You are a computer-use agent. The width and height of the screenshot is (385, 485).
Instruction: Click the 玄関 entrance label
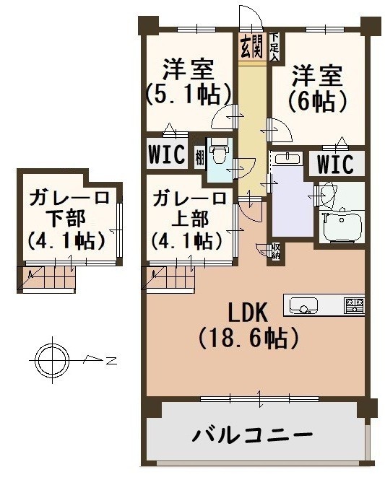252,46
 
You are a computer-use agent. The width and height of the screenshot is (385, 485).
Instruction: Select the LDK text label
248,313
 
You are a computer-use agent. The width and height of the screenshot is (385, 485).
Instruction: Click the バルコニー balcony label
252,435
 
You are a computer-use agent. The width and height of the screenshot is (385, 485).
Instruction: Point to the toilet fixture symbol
220,150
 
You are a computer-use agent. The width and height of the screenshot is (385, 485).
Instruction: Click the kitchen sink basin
303,305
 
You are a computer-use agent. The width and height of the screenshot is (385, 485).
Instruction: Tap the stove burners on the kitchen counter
355,305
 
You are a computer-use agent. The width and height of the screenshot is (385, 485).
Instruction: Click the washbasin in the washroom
288,158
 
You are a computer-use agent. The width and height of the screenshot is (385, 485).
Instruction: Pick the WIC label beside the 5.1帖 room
167,154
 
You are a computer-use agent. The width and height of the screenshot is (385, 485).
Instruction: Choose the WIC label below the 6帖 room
335,164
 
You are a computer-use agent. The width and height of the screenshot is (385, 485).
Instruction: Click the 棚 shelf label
199,159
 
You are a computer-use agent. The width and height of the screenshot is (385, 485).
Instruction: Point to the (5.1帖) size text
189,95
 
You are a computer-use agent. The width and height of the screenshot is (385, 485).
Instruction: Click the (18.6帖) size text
248,338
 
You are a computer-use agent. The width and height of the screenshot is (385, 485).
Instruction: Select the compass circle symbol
52,359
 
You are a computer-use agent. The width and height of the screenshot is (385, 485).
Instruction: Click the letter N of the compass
111,361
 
